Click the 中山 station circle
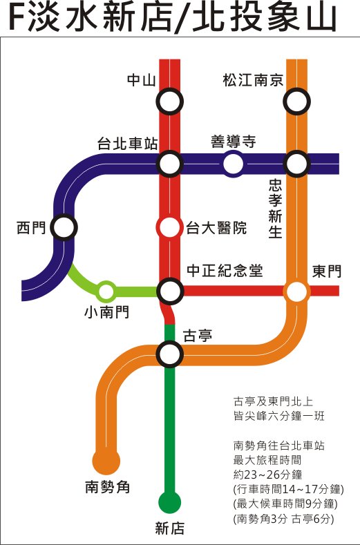pyautogui.click(x=169, y=102)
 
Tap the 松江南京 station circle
pyautogui.click(x=296, y=102)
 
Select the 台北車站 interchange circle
pyautogui.click(x=169, y=164)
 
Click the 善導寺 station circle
pyautogui.click(x=233, y=164)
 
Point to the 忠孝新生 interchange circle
pyautogui.click(x=296, y=164)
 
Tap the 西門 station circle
pyautogui.click(x=64, y=227)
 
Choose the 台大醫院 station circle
pyautogui.click(x=169, y=227)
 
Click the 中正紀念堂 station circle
pyautogui.click(x=170, y=291)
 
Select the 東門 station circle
pyautogui.click(x=296, y=291)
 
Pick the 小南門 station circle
pyautogui.click(x=106, y=291)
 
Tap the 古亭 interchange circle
pyautogui.click(x=169, y=354)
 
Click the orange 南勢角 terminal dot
pyautogui.click(x=106, y=461)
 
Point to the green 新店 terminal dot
pyautogui.click(x=170, y=502)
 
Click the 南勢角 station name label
pyautogui.click(x=108, y=486)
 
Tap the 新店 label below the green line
pyautogui.click(x=170, y=528)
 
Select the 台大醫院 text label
pyautogui.click(x=216, y=228)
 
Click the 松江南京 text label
pyautogui.click(x=253, y=80)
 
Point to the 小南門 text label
pyautogui.click(x=107, y=312)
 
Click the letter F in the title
pyautogui.click(x=17, y=17)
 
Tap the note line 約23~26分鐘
pyautogui.click(x=267, y=475)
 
